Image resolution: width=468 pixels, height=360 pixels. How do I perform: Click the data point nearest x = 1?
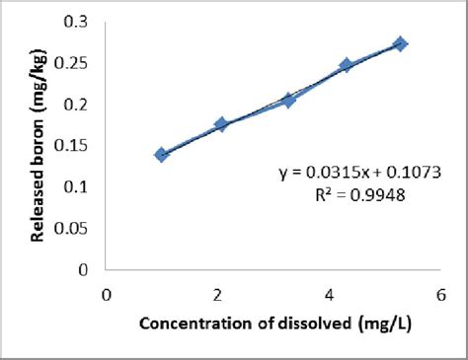click(x=162, y=155)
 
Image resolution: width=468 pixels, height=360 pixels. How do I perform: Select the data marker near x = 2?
click(x=221, y=124)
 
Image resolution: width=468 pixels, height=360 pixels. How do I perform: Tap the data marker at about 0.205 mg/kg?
click(x=288, y=100)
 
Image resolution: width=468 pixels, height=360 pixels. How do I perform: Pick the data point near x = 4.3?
click(x=347, y=65)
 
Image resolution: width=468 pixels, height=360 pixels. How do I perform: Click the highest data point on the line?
click(x=401, y=44)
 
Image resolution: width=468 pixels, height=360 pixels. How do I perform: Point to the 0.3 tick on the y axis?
click(x=75, y=22)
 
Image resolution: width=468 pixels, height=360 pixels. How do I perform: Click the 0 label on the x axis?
click(x=107, y=293)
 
